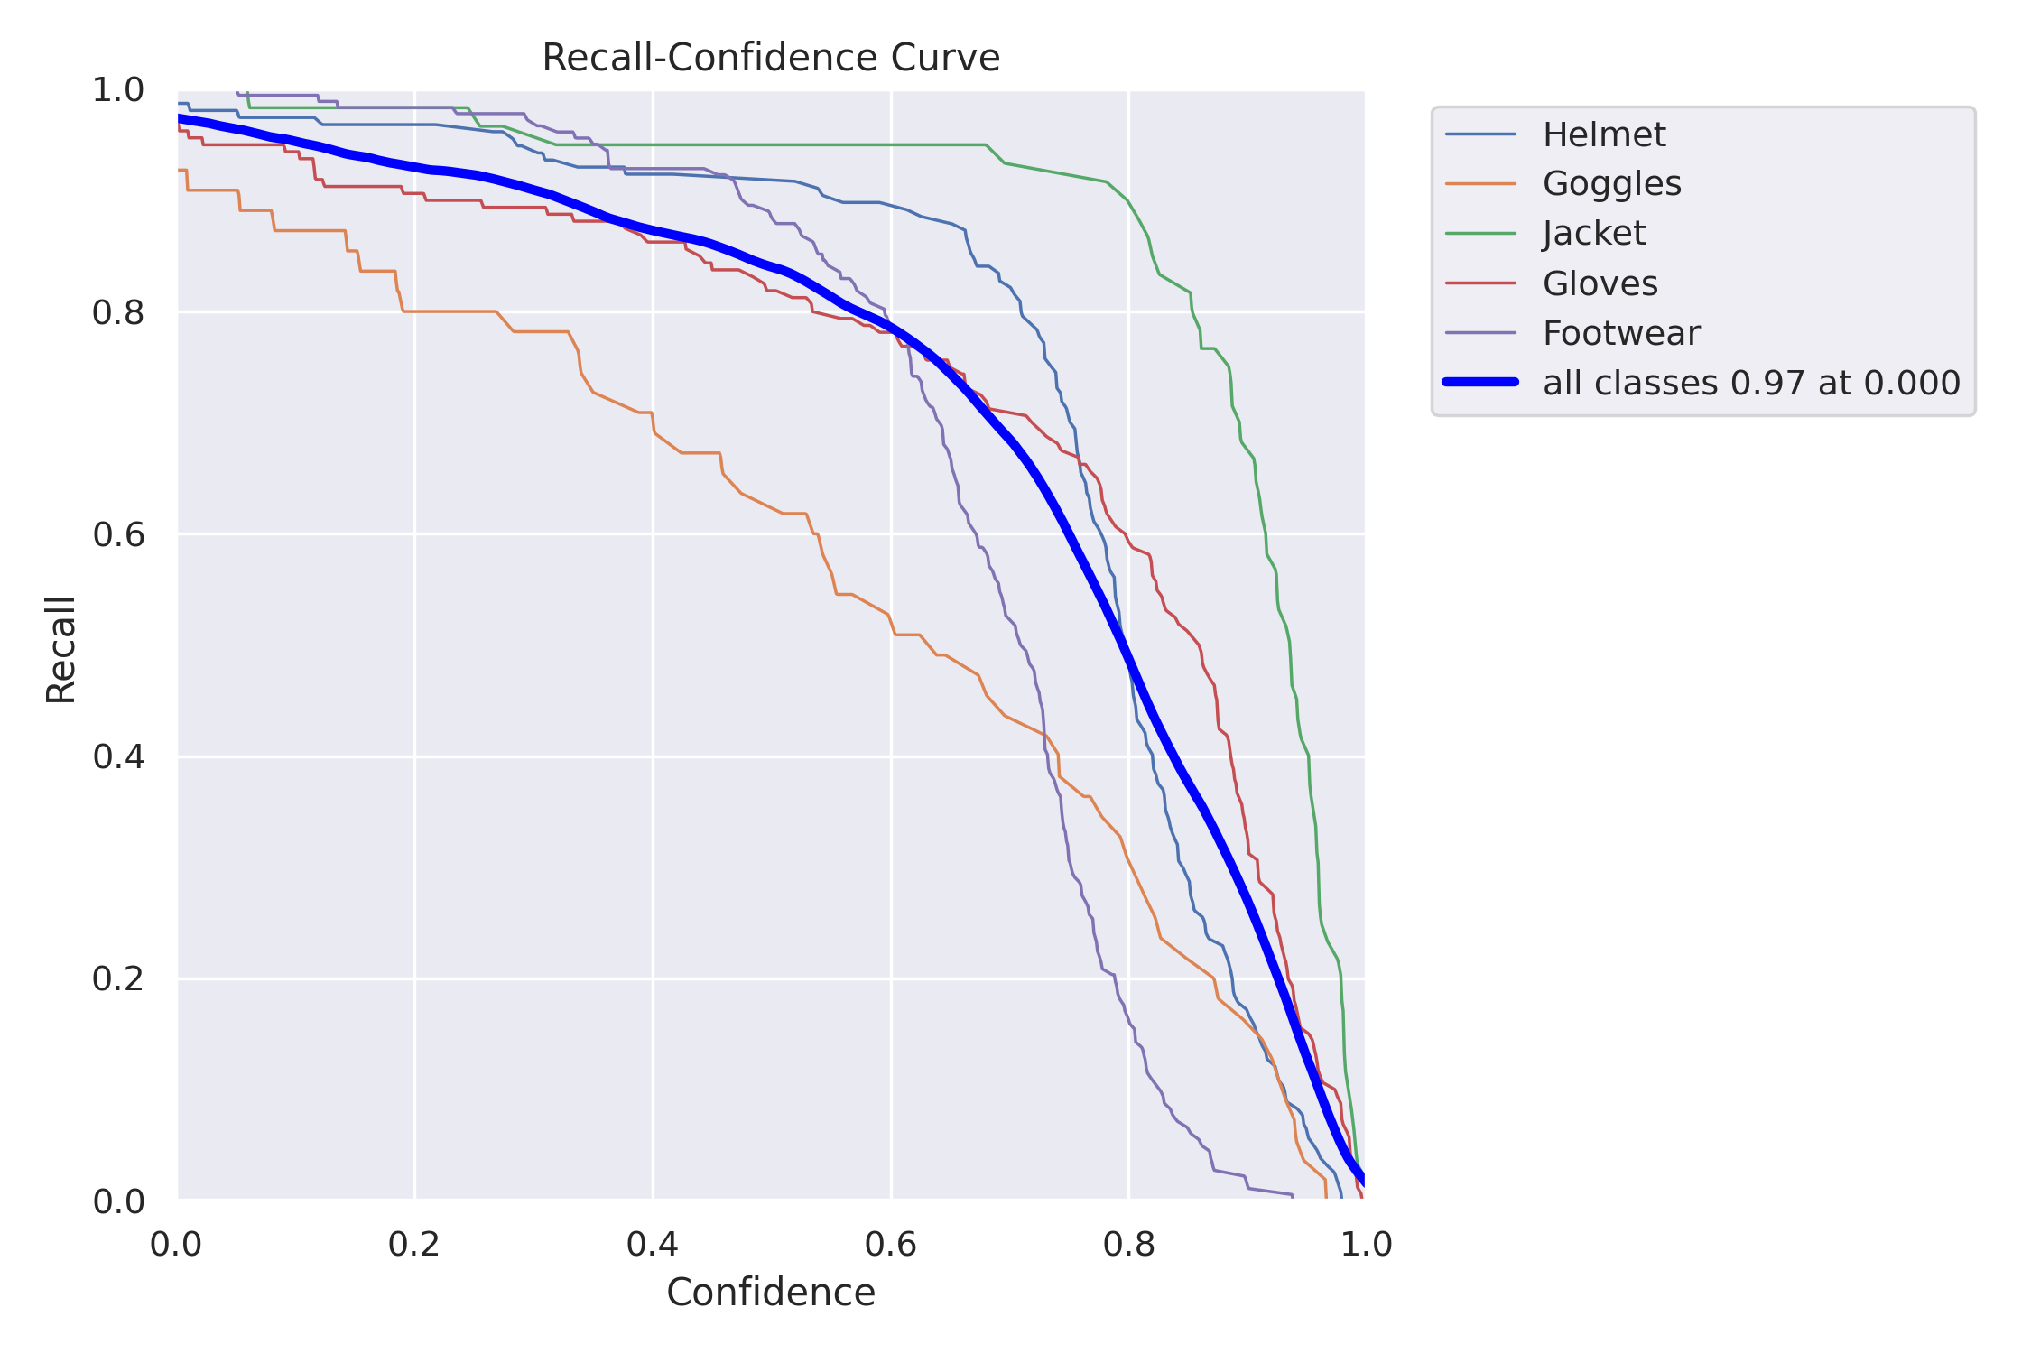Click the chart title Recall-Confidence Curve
[x=770, y=59]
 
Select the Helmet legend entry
[x=1603, y=134]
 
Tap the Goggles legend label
[x=1611, y=184]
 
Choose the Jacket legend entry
[x=1593, y=234]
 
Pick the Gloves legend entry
[x=1600, y=283]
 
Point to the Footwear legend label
[x=1620, y=333]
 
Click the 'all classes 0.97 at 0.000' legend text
[x=1750, y=383]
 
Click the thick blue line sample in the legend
[x=1480, y=383]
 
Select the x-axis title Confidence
[x=770, y=1293]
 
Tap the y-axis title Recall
[x=61, y=649]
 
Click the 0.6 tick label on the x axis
[x=890, y=1245]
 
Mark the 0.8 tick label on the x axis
[x=1128, y=1245]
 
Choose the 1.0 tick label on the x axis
[x=1366, y=1245]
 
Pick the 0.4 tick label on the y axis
[x=118, y=756]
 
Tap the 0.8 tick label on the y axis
[x=118, y=312]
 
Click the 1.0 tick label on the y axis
[x=118, y=90]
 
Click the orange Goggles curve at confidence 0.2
[x=414, y=311]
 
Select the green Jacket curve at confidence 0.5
[x=772, y=144]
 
